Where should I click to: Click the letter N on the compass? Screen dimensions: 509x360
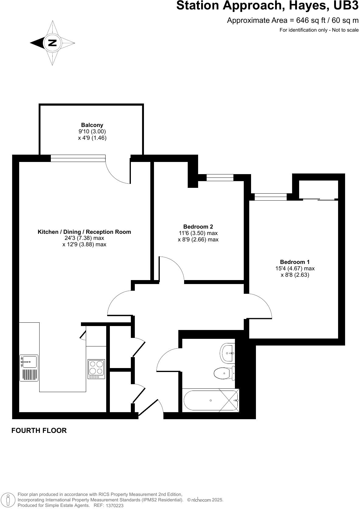52,43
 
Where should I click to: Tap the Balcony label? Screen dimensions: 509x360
92,125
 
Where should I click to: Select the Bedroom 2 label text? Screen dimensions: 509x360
198,226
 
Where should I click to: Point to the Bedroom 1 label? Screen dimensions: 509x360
295,262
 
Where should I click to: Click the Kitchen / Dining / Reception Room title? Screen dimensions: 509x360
84,232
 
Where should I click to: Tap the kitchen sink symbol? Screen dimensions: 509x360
29,362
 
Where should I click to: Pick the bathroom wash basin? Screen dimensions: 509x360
227,353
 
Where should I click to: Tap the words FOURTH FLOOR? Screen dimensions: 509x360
39,430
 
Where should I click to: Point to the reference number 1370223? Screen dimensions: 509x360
114,505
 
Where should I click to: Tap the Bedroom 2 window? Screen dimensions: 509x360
220,177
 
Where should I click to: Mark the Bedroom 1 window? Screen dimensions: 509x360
271,197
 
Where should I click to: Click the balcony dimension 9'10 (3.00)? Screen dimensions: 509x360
92,131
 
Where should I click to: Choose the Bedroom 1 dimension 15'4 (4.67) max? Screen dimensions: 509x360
295,269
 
